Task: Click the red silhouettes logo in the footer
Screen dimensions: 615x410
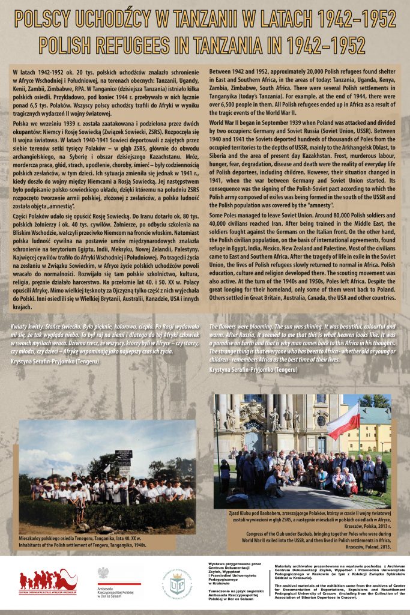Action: coord(48,581)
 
